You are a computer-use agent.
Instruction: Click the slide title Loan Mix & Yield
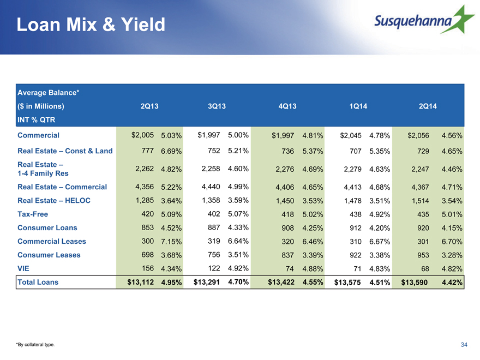tap(91, 25)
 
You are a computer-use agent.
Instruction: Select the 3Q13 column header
tap(217, 106)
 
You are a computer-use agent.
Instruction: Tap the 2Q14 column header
tap(428, 106)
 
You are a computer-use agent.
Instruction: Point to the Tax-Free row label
tap(33, 214)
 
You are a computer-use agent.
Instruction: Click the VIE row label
tap(23, 268)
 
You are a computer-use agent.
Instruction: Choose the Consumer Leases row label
tap(49, 255)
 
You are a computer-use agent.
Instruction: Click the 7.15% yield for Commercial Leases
tap(171, 242)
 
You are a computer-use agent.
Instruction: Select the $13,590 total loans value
tap(414, 282)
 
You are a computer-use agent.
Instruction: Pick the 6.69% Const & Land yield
tap(171, 151)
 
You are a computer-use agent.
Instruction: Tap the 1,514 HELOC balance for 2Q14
tap(420, 201)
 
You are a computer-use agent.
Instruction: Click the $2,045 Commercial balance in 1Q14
tap(351, 135)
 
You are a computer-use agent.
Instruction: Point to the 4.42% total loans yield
tap(452, 282)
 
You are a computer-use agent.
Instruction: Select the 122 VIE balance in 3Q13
tap(214, 268)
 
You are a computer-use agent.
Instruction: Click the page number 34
tap(464, 345)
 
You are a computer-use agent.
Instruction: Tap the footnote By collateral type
tap(35, 345)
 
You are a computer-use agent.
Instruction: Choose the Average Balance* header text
tap(49, 92)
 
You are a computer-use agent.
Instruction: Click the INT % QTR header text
tap(37, 119)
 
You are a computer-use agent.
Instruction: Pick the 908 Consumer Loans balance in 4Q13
tap(287, 228)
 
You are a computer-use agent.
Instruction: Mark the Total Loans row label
tap(38, 282)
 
